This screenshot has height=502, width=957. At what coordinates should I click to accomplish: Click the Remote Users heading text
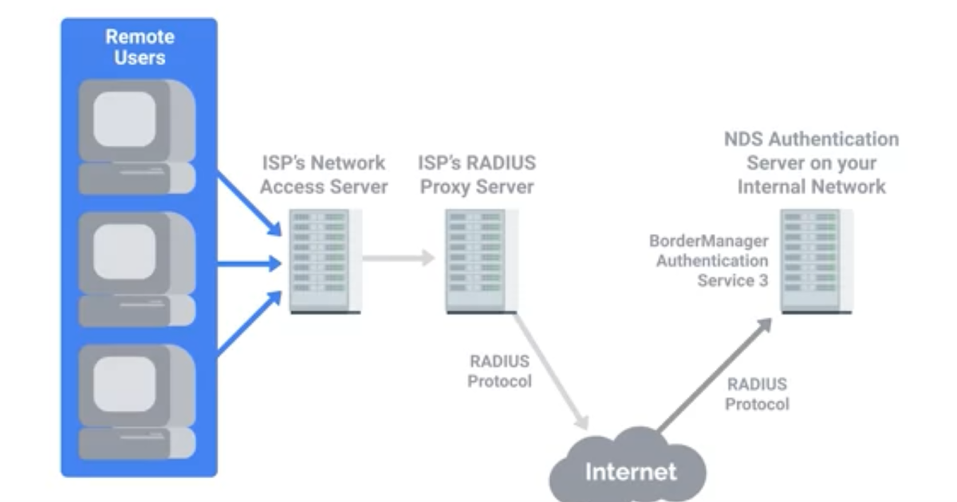[x=140, y=47]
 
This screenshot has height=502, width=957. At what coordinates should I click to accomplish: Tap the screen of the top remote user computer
[x=124, y=119]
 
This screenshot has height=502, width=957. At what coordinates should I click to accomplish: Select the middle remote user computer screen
[x=124, y=252]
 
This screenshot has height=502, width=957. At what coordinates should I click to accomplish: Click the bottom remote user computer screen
[x=124, y=384]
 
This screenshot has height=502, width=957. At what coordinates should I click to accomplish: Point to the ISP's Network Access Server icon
[x=325, y=261]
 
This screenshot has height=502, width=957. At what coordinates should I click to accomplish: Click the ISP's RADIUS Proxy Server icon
[x=482, y=261]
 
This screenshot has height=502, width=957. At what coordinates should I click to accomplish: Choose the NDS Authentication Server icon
[x=817, y=261]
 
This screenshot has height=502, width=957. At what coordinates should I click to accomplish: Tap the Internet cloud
[x=628, y=465]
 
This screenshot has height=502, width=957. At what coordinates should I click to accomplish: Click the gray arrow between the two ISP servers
[x=399, y=258]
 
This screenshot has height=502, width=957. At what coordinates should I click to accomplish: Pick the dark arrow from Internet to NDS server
[x=715, y=375]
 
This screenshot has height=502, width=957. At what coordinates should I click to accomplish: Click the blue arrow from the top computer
[x=250, y=204]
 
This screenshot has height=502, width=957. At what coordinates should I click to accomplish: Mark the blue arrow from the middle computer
[x=250, y=264]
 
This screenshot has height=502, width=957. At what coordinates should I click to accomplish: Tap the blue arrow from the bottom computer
[x=250, y=323]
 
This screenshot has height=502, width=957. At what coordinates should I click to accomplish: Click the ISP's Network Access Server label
[x=324, y=175]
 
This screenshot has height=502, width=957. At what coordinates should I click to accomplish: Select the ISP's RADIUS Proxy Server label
[x=477, y=175]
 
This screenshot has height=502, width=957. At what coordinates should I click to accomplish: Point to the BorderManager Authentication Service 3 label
[x=709, y=261]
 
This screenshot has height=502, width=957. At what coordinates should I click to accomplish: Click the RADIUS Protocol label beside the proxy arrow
[x=500, y=371]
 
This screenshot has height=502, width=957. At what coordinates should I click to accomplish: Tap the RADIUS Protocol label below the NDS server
[x=757, y=394]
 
